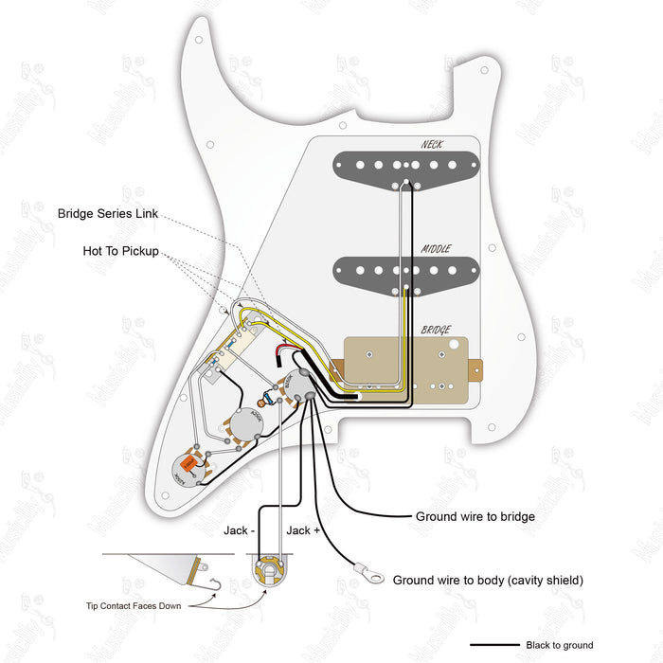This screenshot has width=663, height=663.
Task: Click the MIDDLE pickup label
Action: (x=436, y=249)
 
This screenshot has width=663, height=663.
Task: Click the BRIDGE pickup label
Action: (x=436, y=329)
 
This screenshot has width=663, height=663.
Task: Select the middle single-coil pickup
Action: (x=407, y=272)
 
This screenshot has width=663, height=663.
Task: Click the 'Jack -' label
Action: (x=238, y=530)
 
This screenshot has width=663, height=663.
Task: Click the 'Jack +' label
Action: (x=303, y=530)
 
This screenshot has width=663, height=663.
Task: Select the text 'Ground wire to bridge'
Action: (x=475, y=517)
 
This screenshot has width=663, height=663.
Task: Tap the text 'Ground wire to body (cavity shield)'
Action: (x=488, y=580)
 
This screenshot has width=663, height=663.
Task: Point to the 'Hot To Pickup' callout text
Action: (x=119, y=252)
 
